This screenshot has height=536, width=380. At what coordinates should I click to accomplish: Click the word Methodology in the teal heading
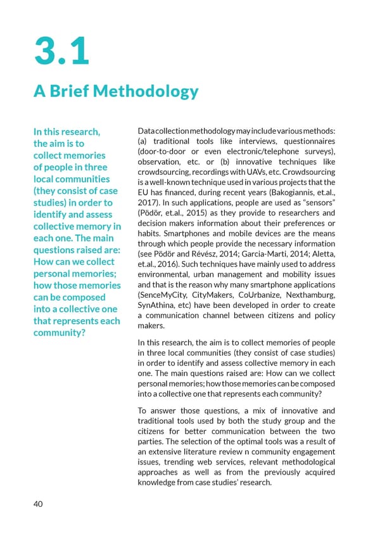click(146, 93)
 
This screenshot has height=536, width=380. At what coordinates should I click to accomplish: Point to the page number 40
click(39, 504)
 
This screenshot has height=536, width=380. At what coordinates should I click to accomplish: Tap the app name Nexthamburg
click(310, 295)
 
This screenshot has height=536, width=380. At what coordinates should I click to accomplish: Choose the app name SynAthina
click(156, 306)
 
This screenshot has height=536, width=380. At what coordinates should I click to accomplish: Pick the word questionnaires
click(304, 141)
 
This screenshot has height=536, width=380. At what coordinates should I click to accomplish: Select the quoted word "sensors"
click(317, 203)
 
